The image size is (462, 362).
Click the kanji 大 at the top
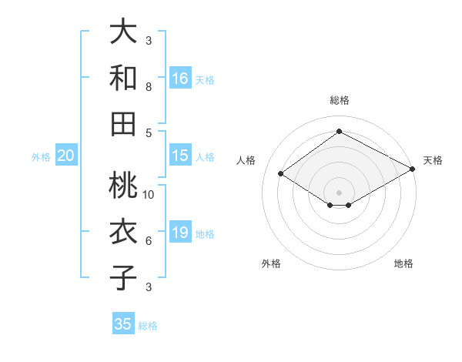coord(123,32)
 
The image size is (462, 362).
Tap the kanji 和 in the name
coord(123,78)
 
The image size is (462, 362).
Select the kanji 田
coord(123,122)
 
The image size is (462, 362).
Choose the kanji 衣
coord(123,232)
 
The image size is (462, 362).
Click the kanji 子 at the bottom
coord(123,277)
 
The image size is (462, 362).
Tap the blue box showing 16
coord(180,78)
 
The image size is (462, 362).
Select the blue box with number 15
coord(180,156)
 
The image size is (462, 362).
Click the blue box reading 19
coord(180,233)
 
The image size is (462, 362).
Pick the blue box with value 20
coord(66,156)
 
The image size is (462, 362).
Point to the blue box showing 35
coord(123,324)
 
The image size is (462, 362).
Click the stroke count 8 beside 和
coord(149,87)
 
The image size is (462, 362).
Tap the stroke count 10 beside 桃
coord(149,195)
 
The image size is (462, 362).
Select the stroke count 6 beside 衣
coord(149,241)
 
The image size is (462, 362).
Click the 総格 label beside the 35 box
coord(148,326)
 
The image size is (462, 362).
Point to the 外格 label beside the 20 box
coord(41,157)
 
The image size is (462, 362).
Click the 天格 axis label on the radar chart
coord(433,160)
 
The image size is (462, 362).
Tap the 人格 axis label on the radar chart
coord(246,160)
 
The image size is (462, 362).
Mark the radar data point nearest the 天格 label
coord(413,169)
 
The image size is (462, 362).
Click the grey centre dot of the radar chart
coord(339,191)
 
